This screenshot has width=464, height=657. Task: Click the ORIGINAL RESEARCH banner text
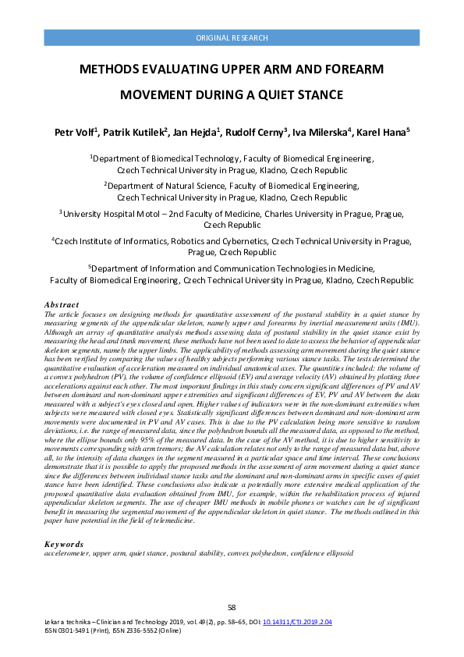click(232, 37)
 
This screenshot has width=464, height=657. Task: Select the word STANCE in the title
click(316, 95)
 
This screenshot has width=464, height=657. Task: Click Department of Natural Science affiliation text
click(179, 186)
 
